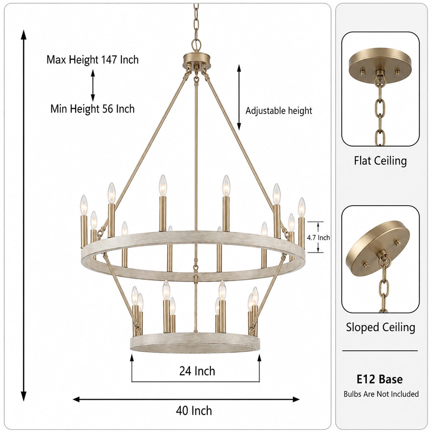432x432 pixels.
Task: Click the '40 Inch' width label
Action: (194, 411)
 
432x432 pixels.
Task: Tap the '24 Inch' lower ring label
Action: (197, 371)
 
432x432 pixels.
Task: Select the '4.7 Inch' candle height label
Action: (318, 237)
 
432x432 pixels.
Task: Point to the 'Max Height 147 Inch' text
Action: (92, 60)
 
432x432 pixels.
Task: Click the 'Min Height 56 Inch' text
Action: (92, 109)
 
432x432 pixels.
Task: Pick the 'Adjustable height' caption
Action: (279, 111)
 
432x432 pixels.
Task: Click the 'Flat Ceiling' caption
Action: (380, 161)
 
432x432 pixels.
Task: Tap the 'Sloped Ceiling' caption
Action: (380, 327)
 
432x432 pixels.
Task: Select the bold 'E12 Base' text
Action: (380, 379)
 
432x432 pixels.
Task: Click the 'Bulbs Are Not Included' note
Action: (381, 394)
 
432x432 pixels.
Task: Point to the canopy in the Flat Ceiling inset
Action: (380, 65)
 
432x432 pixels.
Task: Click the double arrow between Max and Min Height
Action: (93, 85)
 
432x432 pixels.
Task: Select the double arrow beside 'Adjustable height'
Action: (239, 97)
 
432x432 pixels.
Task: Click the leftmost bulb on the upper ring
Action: (84, 205)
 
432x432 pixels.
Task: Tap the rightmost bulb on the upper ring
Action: (301, 208)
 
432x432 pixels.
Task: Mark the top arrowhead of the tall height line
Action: (23, 34)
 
